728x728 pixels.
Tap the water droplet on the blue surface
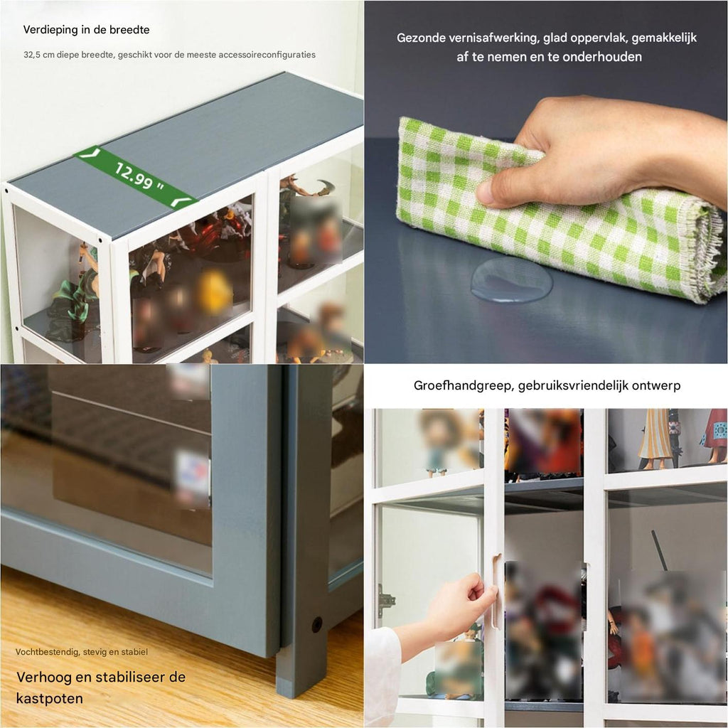click(512, 280)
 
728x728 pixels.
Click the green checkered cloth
click(557, 209)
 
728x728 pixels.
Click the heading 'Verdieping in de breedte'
click(86, 30)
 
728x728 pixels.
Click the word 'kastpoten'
click(50, 698)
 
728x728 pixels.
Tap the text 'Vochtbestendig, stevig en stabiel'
click(82, 652)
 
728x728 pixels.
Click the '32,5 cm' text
click(39, 55)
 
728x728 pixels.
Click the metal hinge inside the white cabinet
click(386, 600)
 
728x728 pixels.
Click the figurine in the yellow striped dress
click(655, 439)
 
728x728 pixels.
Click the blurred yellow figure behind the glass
click(215, 291)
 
